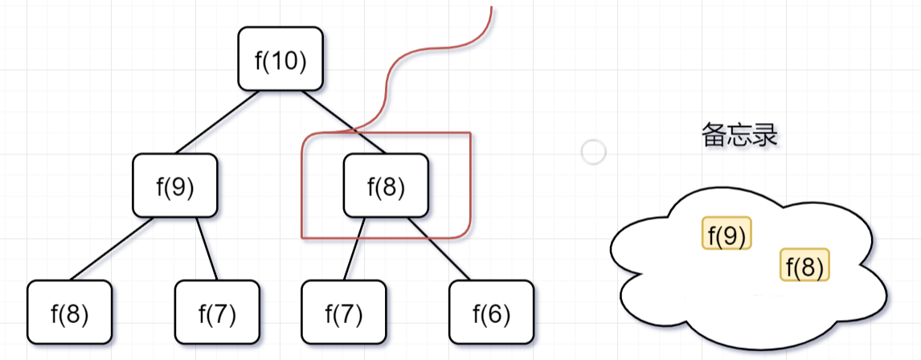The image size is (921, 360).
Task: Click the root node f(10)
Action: [280, 59]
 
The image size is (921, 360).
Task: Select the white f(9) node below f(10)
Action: [175, 186]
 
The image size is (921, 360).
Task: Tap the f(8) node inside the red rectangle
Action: [386, 186]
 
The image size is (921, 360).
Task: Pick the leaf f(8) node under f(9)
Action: [69, 312]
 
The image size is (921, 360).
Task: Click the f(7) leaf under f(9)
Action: [217, 312]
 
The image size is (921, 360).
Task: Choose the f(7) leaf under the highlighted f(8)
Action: [343, 312]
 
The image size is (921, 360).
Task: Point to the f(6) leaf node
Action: [491, 312]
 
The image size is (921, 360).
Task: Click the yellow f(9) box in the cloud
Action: [727, 234]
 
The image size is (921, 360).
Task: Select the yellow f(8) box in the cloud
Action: [804, 265]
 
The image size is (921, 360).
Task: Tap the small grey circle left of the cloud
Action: [593, 152]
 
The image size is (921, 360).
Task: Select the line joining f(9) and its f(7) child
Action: [208, 248]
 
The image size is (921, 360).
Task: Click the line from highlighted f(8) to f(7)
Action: [354, 248]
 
